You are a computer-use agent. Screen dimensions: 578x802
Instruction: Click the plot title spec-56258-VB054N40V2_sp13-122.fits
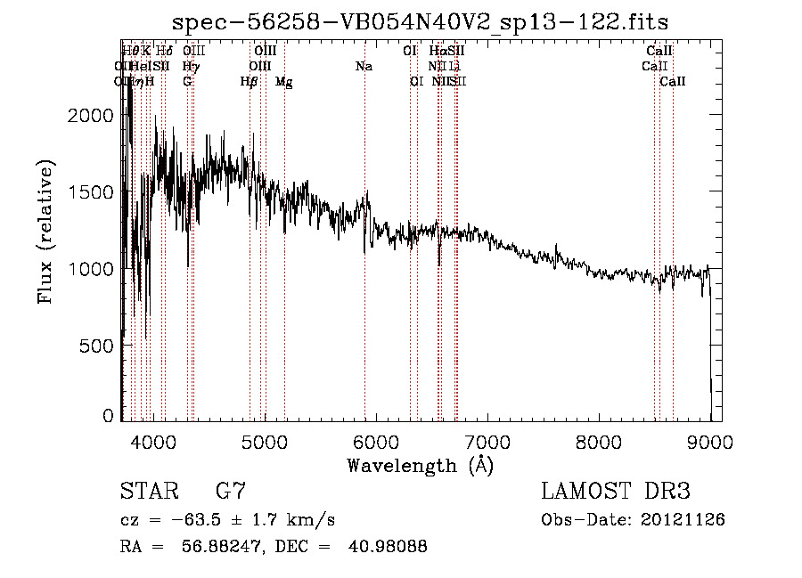point(421,21)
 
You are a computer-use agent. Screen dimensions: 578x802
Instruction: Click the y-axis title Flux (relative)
point(45,232)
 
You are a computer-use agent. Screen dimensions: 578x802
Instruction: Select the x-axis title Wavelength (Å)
point(421,465)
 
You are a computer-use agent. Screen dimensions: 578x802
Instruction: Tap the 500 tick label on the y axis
point(96,345)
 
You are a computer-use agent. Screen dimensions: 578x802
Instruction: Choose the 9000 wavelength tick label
point(710,442)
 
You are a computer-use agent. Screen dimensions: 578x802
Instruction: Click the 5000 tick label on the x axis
point(264,442)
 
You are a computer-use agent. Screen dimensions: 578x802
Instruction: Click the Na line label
point(364,66)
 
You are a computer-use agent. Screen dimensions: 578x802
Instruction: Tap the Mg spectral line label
point(283,82)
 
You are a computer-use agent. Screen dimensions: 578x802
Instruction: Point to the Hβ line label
point(250,82)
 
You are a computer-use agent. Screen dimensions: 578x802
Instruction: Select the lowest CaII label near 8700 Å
point(673,82)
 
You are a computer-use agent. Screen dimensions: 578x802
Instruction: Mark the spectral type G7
point(230,492)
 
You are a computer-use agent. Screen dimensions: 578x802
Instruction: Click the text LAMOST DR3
point(616,492)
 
